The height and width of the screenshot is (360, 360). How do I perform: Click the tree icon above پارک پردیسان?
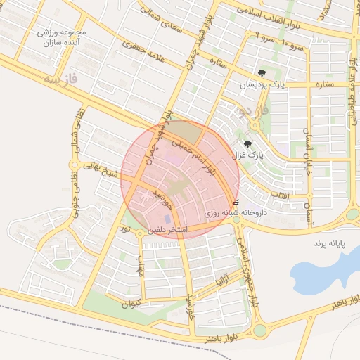262,72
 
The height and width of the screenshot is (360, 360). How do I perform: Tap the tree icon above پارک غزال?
247,145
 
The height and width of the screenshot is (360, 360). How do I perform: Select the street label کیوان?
131,304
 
